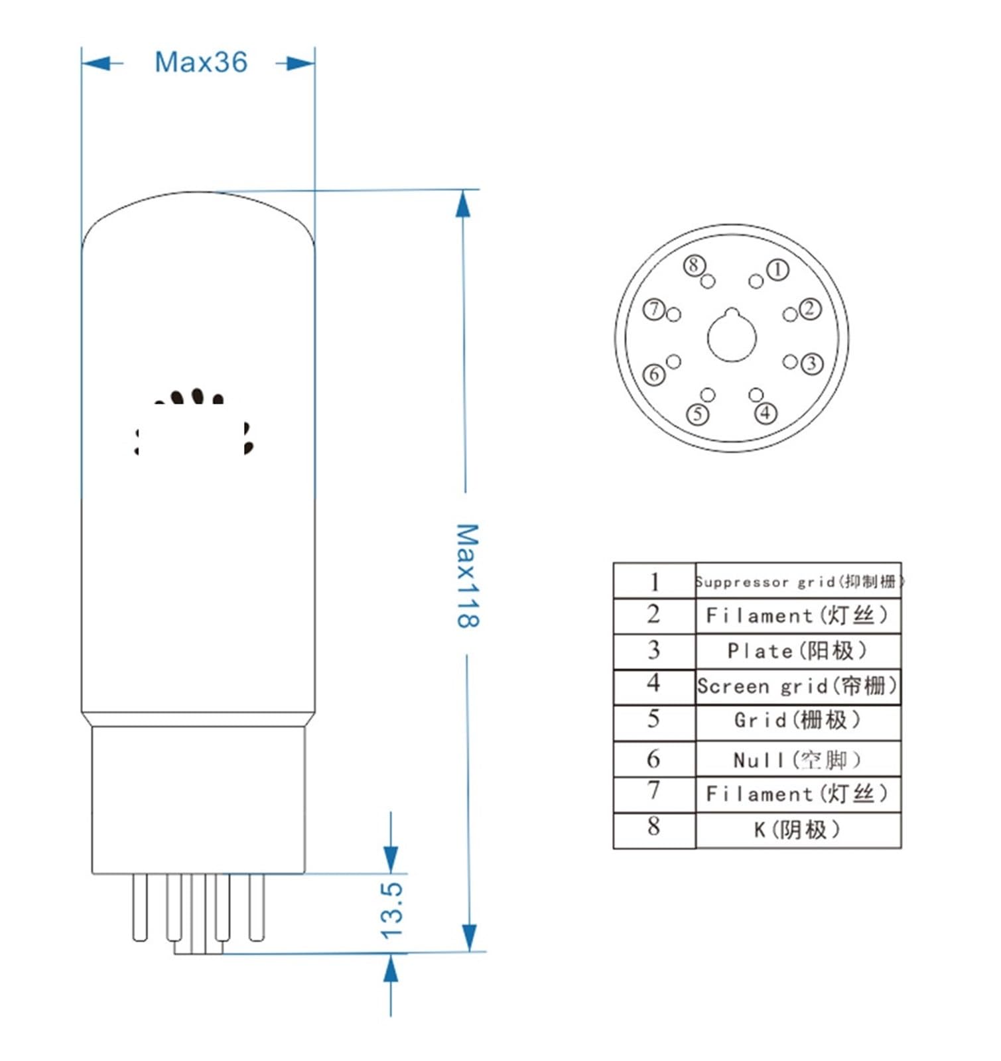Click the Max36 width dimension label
[200, 62]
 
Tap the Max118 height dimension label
[468, 575]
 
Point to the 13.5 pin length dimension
[392, 909]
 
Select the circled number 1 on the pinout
[777, 269]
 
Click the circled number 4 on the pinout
[766, 412]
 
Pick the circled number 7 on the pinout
[654, 309]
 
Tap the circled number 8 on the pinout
[694, 265]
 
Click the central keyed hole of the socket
[732, 337]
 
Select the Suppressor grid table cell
[798, 582]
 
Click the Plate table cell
[797, 651]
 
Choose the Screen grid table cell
[797, 686]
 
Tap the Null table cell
[797, 759]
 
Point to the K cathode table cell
[797, 830]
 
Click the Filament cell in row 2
[797, 615]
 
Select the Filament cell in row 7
[797, 793]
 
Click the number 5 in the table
[653, 719]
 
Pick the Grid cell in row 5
[797, 720]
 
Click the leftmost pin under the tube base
[139, 906]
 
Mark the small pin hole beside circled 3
[789, 361]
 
